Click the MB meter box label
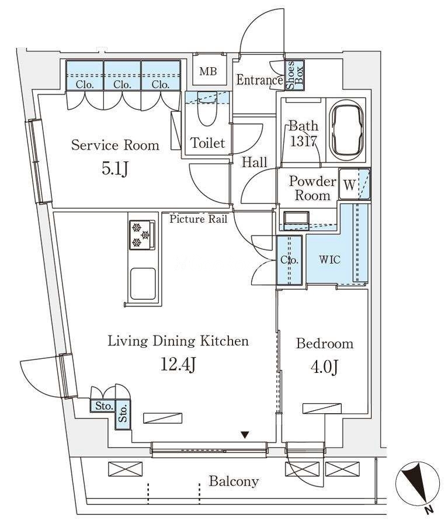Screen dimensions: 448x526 (209, 71)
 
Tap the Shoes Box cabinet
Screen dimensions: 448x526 (295, 75)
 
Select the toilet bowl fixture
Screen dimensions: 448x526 (207, 108)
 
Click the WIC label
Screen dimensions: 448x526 (329, 259)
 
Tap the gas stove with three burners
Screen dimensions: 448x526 (142, 234)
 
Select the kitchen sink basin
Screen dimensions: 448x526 (143, 283)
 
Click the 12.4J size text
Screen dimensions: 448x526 (178, 364)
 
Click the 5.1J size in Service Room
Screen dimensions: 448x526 (114, 169)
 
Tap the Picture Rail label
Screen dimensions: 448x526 (198, 219)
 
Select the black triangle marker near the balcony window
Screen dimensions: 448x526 (245, 435)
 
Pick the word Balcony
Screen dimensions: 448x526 (234, 482)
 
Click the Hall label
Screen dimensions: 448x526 (255, 162)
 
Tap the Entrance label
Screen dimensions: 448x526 (259, 80)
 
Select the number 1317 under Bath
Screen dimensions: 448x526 (303, 141)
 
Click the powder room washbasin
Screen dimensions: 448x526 (296, 220)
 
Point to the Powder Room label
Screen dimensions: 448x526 (312, 188)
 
